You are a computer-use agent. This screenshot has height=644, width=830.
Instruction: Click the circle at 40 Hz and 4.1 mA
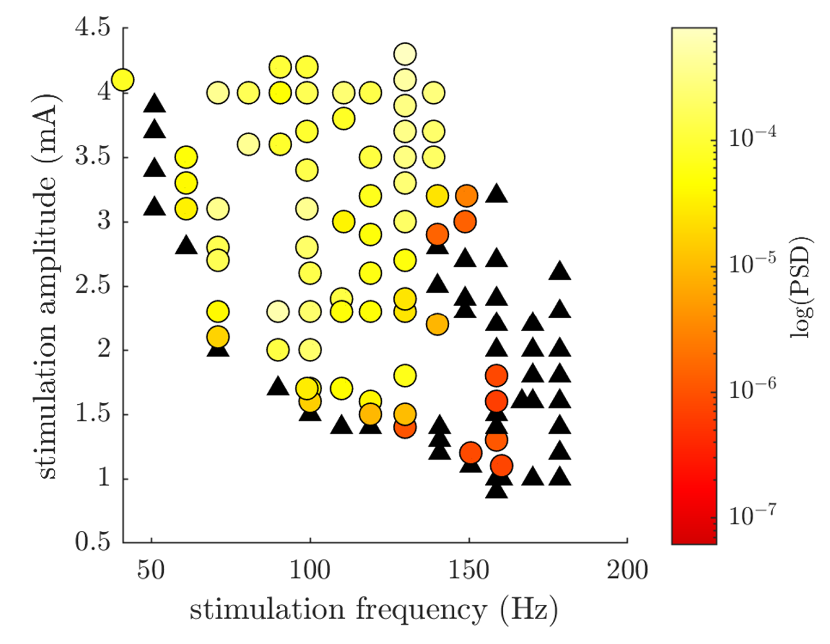click(x=123, y=80)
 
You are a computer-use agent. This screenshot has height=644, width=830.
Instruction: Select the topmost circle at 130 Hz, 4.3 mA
click(x=405, y=54)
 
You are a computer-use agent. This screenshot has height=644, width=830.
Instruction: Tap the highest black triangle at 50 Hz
click(x=154, y=104)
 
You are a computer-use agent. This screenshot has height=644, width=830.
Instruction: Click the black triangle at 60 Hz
click(x=186, y=245)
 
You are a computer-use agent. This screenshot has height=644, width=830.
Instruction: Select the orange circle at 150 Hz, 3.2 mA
click(x=467, y=196)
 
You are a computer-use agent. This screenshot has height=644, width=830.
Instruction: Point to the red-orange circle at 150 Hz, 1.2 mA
click(x=471, y=453)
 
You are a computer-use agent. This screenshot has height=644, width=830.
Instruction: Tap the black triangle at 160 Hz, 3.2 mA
click(x=497, y=194)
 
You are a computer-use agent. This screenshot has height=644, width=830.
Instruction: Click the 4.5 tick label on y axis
click(x=93, y=27)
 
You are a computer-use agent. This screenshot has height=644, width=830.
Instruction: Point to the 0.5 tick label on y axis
click(x=93, y=542)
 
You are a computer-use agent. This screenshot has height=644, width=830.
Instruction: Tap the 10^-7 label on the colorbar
click(x=752, y=515)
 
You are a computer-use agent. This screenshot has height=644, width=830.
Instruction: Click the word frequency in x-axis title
click(x=421, y=610)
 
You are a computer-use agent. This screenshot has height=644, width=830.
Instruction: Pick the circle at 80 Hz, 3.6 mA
click(x=249, y=144)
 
